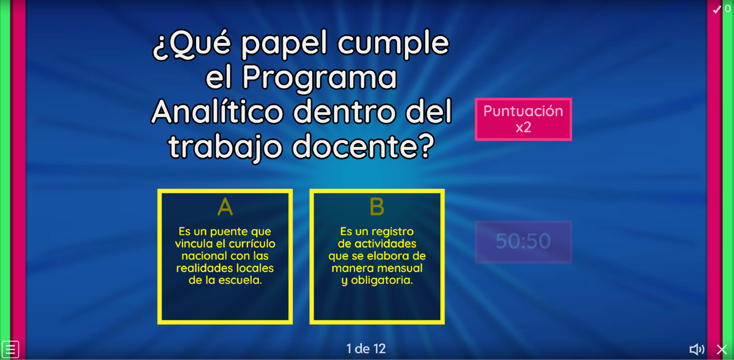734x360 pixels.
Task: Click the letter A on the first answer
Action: (x=225, y=207)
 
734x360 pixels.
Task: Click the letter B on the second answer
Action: (x=377, y=207)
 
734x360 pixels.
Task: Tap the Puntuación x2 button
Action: (x=523, y=119)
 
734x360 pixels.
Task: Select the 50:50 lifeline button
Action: (x=523, y=242)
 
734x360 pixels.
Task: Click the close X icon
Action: (x=722, y=349)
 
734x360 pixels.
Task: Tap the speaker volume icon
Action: (x=696, y=349)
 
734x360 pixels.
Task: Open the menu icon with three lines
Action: (x=10, y=349)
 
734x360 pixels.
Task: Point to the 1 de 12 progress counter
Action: (x=366, y=349)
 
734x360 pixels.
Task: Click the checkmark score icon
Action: (x=717, y=9)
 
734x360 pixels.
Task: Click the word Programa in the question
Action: (x=320, y=78)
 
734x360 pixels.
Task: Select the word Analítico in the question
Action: (x=217, y=112)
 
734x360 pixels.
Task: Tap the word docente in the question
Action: (x=363, y=146)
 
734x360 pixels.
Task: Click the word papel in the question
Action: (x=284, y=43)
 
